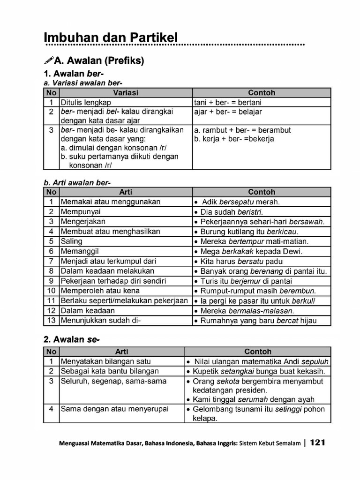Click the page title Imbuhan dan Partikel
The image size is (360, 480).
tap(111, 37)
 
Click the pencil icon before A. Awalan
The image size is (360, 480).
tap(48, 60)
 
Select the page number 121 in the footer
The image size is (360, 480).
tap(317, 442)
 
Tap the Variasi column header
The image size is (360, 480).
tap(126, 93)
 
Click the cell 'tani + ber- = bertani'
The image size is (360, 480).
tap(228, 102)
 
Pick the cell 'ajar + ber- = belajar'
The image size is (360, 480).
tap(228, 112)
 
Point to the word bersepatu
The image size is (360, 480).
tap(237, 202)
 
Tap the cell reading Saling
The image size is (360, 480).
tap(71, 241)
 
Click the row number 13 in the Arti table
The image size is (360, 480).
tap(51, 321)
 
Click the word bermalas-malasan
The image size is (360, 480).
tap(261, 311)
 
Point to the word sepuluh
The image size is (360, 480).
tap(315, 361)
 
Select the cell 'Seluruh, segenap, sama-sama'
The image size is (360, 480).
tap(113, 381)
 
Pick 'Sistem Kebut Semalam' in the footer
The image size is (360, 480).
tap(270, 443)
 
